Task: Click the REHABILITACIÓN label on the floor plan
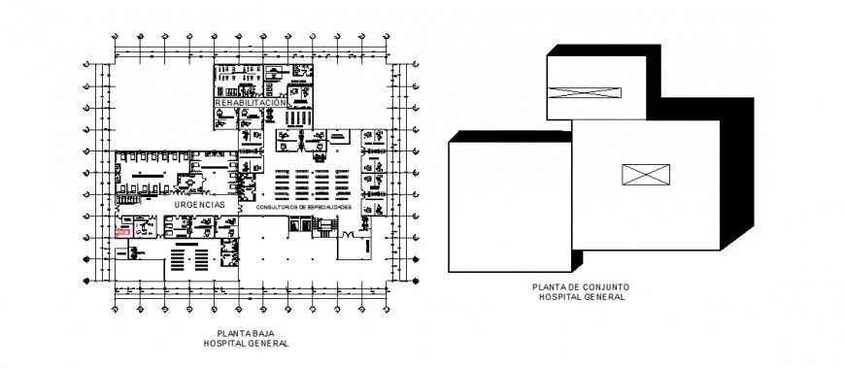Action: [250, 102]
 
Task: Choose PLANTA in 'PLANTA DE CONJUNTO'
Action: [549, 287]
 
